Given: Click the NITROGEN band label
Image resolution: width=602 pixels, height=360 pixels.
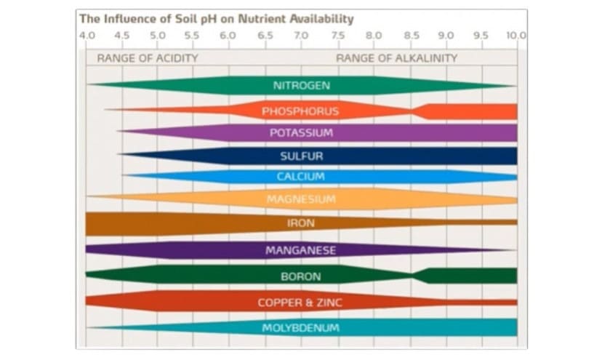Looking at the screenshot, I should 301,86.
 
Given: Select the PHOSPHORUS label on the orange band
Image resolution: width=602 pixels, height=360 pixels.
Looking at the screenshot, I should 300,111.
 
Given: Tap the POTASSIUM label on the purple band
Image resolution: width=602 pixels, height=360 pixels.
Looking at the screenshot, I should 301,133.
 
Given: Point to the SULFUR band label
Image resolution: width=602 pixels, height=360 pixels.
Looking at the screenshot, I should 301,156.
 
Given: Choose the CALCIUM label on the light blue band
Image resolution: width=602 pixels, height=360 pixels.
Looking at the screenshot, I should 300,177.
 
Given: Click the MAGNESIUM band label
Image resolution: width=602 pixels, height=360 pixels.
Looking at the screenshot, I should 301,199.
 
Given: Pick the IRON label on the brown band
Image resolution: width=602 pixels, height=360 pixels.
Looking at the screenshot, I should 301,223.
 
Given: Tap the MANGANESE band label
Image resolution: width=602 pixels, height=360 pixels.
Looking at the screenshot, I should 301,251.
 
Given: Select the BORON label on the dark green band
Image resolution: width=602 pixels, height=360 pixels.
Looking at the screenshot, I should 301,276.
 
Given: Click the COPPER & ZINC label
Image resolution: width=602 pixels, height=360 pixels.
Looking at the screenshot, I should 301,303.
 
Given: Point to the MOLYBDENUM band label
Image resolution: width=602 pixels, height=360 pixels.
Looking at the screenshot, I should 301,328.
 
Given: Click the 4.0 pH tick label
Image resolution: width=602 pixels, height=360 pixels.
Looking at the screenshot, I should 87,35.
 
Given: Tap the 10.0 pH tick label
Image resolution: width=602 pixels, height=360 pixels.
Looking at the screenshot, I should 516,35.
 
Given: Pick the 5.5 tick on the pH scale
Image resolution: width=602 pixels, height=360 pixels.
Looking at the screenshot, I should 193,35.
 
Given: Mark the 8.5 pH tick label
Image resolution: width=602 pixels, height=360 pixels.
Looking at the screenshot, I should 411,35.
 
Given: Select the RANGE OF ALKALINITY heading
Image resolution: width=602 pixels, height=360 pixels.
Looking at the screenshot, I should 396,58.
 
